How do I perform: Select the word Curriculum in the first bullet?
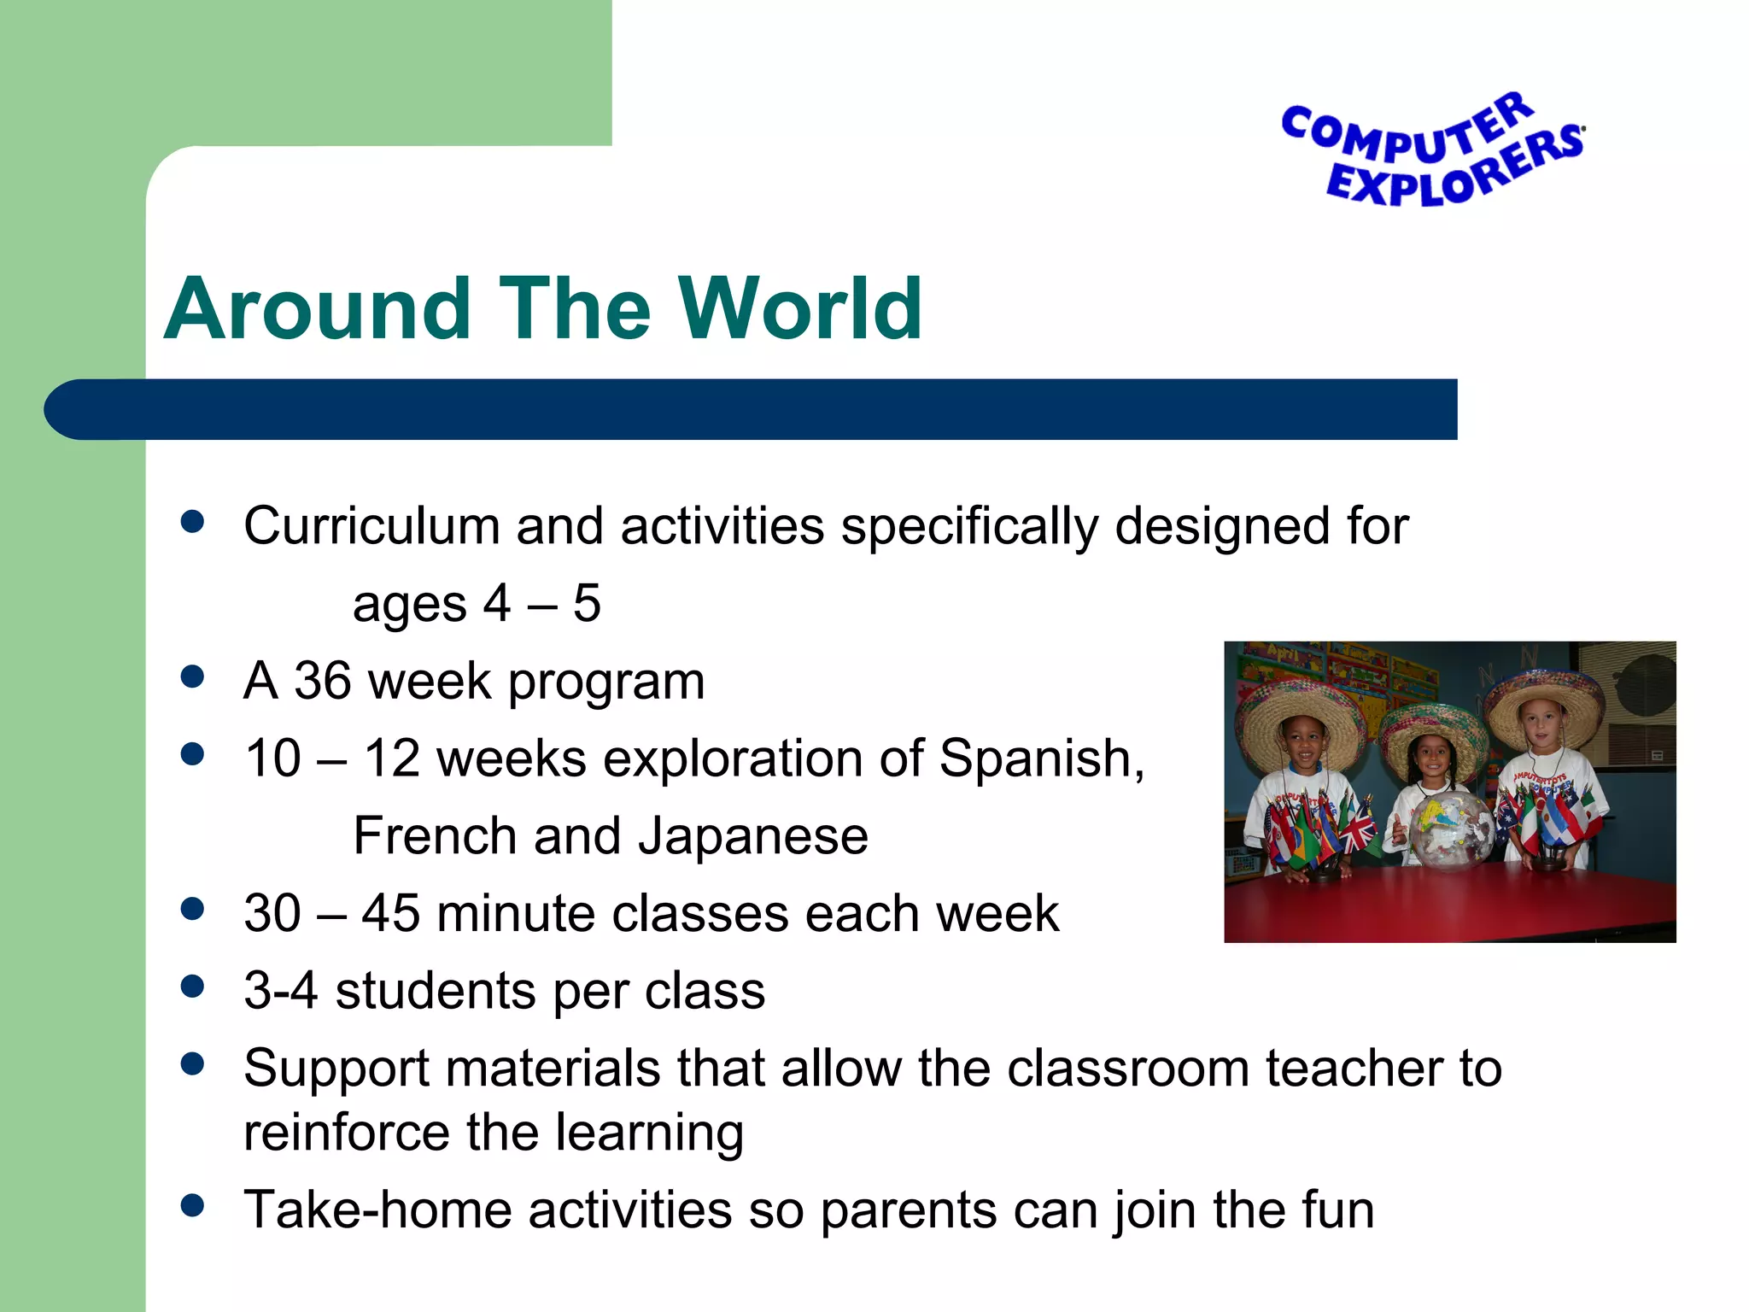[371, 525]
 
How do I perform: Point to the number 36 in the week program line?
[322, 682]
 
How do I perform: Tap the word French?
[435, 836]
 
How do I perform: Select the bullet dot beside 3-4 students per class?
[193, 987]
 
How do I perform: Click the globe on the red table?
[1449, 825]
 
